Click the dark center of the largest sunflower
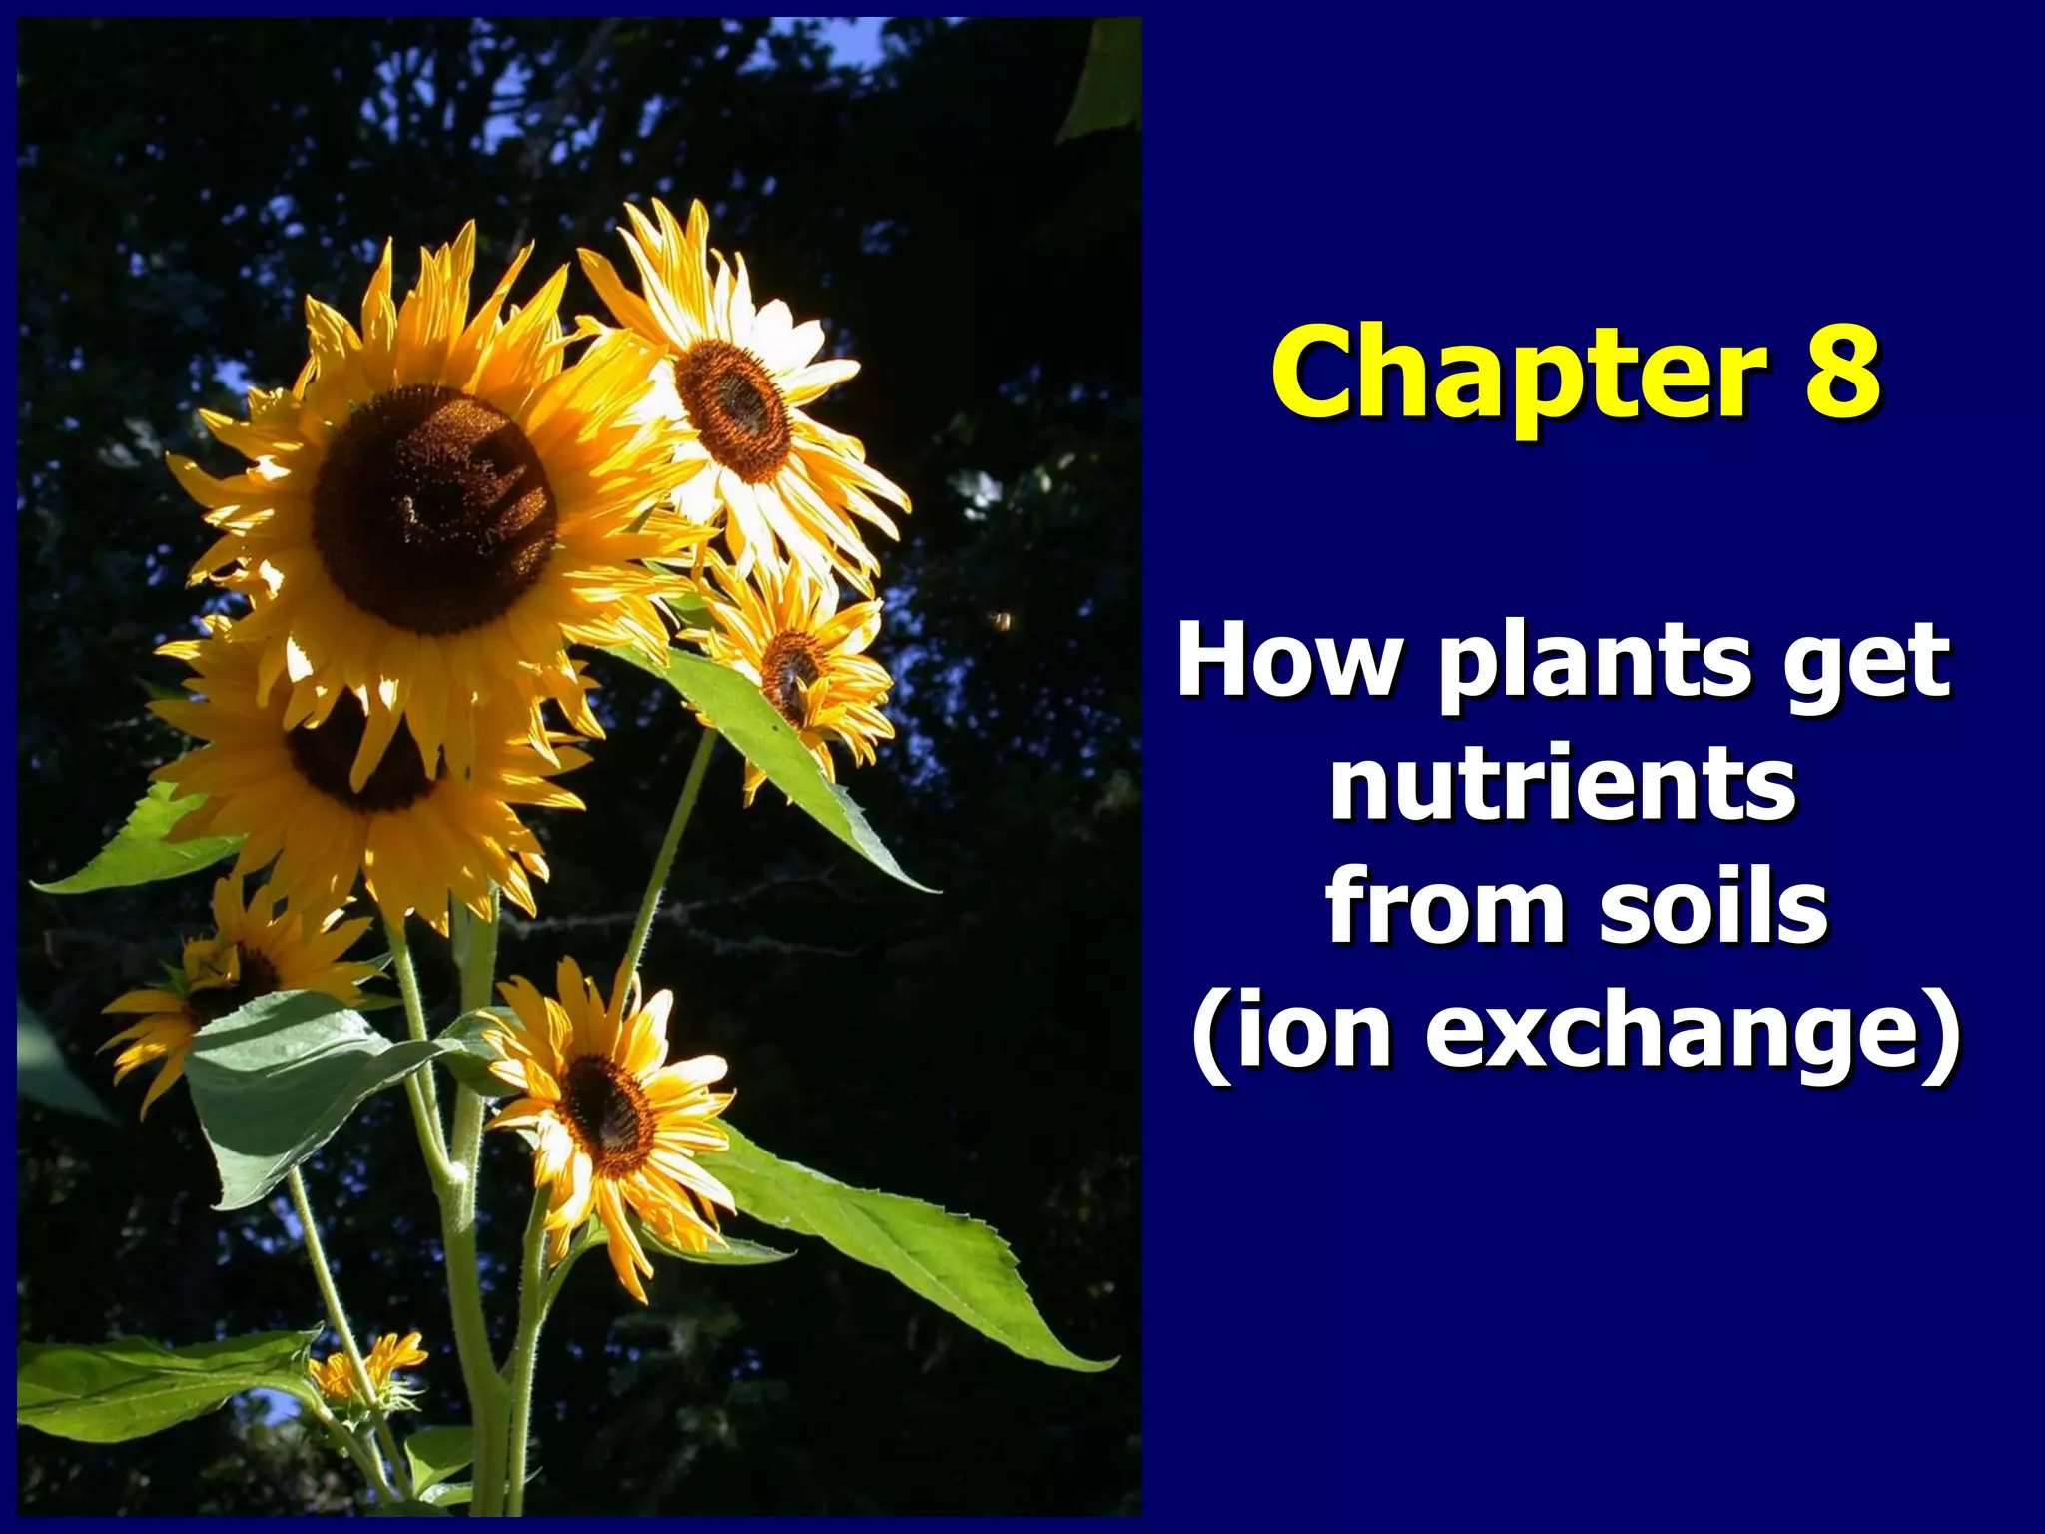[434, 509]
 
